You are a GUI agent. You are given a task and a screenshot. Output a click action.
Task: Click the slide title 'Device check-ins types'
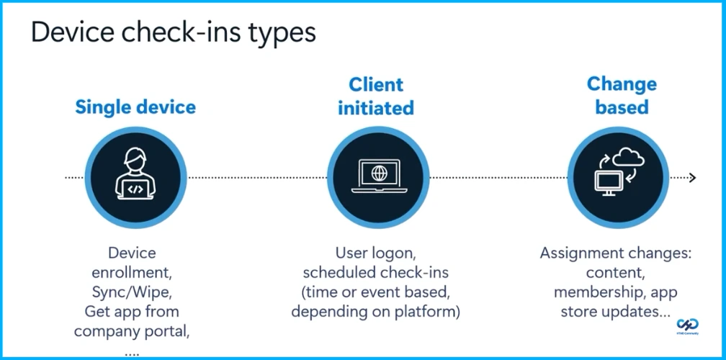173,32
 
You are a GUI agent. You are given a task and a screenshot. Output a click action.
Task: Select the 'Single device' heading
135,107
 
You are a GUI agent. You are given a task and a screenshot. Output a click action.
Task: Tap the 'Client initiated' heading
376,96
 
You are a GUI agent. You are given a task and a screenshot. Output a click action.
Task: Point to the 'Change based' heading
622,95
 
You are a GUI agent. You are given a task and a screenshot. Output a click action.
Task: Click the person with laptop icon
135,176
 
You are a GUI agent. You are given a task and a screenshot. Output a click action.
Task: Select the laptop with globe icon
379,177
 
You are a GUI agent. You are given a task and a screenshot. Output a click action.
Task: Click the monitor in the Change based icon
609,183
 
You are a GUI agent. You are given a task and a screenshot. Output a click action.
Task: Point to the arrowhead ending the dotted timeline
692,177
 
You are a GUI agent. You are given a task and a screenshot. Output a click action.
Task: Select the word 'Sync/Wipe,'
132,292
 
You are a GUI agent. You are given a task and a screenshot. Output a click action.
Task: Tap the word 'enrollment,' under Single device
132,273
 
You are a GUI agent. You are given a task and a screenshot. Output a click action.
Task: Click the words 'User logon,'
376,253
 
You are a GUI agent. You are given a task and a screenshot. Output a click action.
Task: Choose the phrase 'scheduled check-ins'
376,273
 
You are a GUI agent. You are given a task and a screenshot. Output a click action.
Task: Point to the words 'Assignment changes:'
615,253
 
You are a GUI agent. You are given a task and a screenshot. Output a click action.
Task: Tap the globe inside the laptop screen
379,174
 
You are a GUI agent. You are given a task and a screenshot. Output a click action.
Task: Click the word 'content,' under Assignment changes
615,273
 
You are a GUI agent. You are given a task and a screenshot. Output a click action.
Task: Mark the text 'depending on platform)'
376,312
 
